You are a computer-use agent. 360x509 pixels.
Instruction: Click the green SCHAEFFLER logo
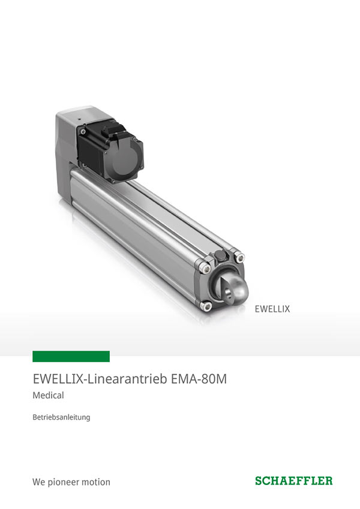tap(294, 481)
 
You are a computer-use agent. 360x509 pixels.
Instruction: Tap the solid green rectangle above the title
tap(71, 356)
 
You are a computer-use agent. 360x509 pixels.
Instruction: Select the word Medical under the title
tap(48, 395)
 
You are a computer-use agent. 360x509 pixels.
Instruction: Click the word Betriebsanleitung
tap(61, 417)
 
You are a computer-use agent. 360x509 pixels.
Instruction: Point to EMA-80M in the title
tap(198, 379)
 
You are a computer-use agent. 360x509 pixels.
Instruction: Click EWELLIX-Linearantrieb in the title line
tap(100, 379)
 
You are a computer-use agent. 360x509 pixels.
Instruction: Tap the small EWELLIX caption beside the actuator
tap(272, 309)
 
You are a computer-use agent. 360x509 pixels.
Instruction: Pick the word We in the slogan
tap(38, 482)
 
